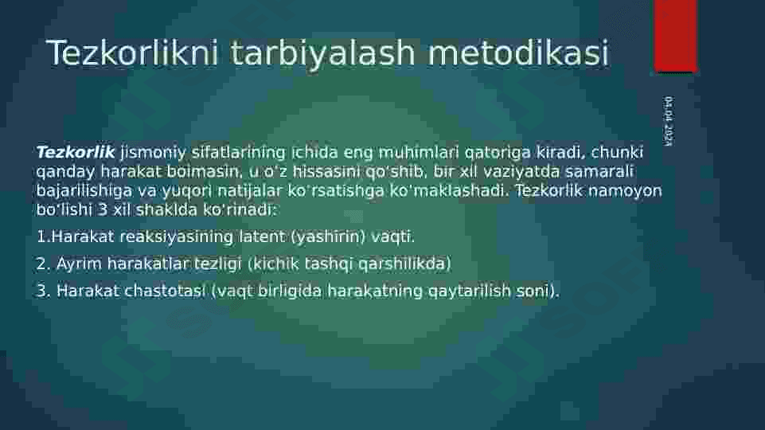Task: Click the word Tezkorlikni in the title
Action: pyautogui.click(x=131, y=53)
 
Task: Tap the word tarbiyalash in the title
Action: pyautogui.click(x=322, y=53)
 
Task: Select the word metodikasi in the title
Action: pyautogui.click(x=518, y=53)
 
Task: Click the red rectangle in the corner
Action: pyautogui.click(x=675, y=36)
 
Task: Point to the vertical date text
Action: pyautogui.click(x=668, y=120)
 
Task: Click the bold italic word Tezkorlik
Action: pyautogui.click(x=76, y=152)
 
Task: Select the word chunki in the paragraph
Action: pyautogui.click(x=617, y=152)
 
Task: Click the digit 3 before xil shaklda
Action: pyautogui.click(x=103, y=210)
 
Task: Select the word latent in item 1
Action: pyautogui.click(x=262, y=236)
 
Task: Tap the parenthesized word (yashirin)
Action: pyautogui.click(x=328, y=237)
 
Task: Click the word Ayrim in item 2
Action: pyautogui.click(x=79, y=264)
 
